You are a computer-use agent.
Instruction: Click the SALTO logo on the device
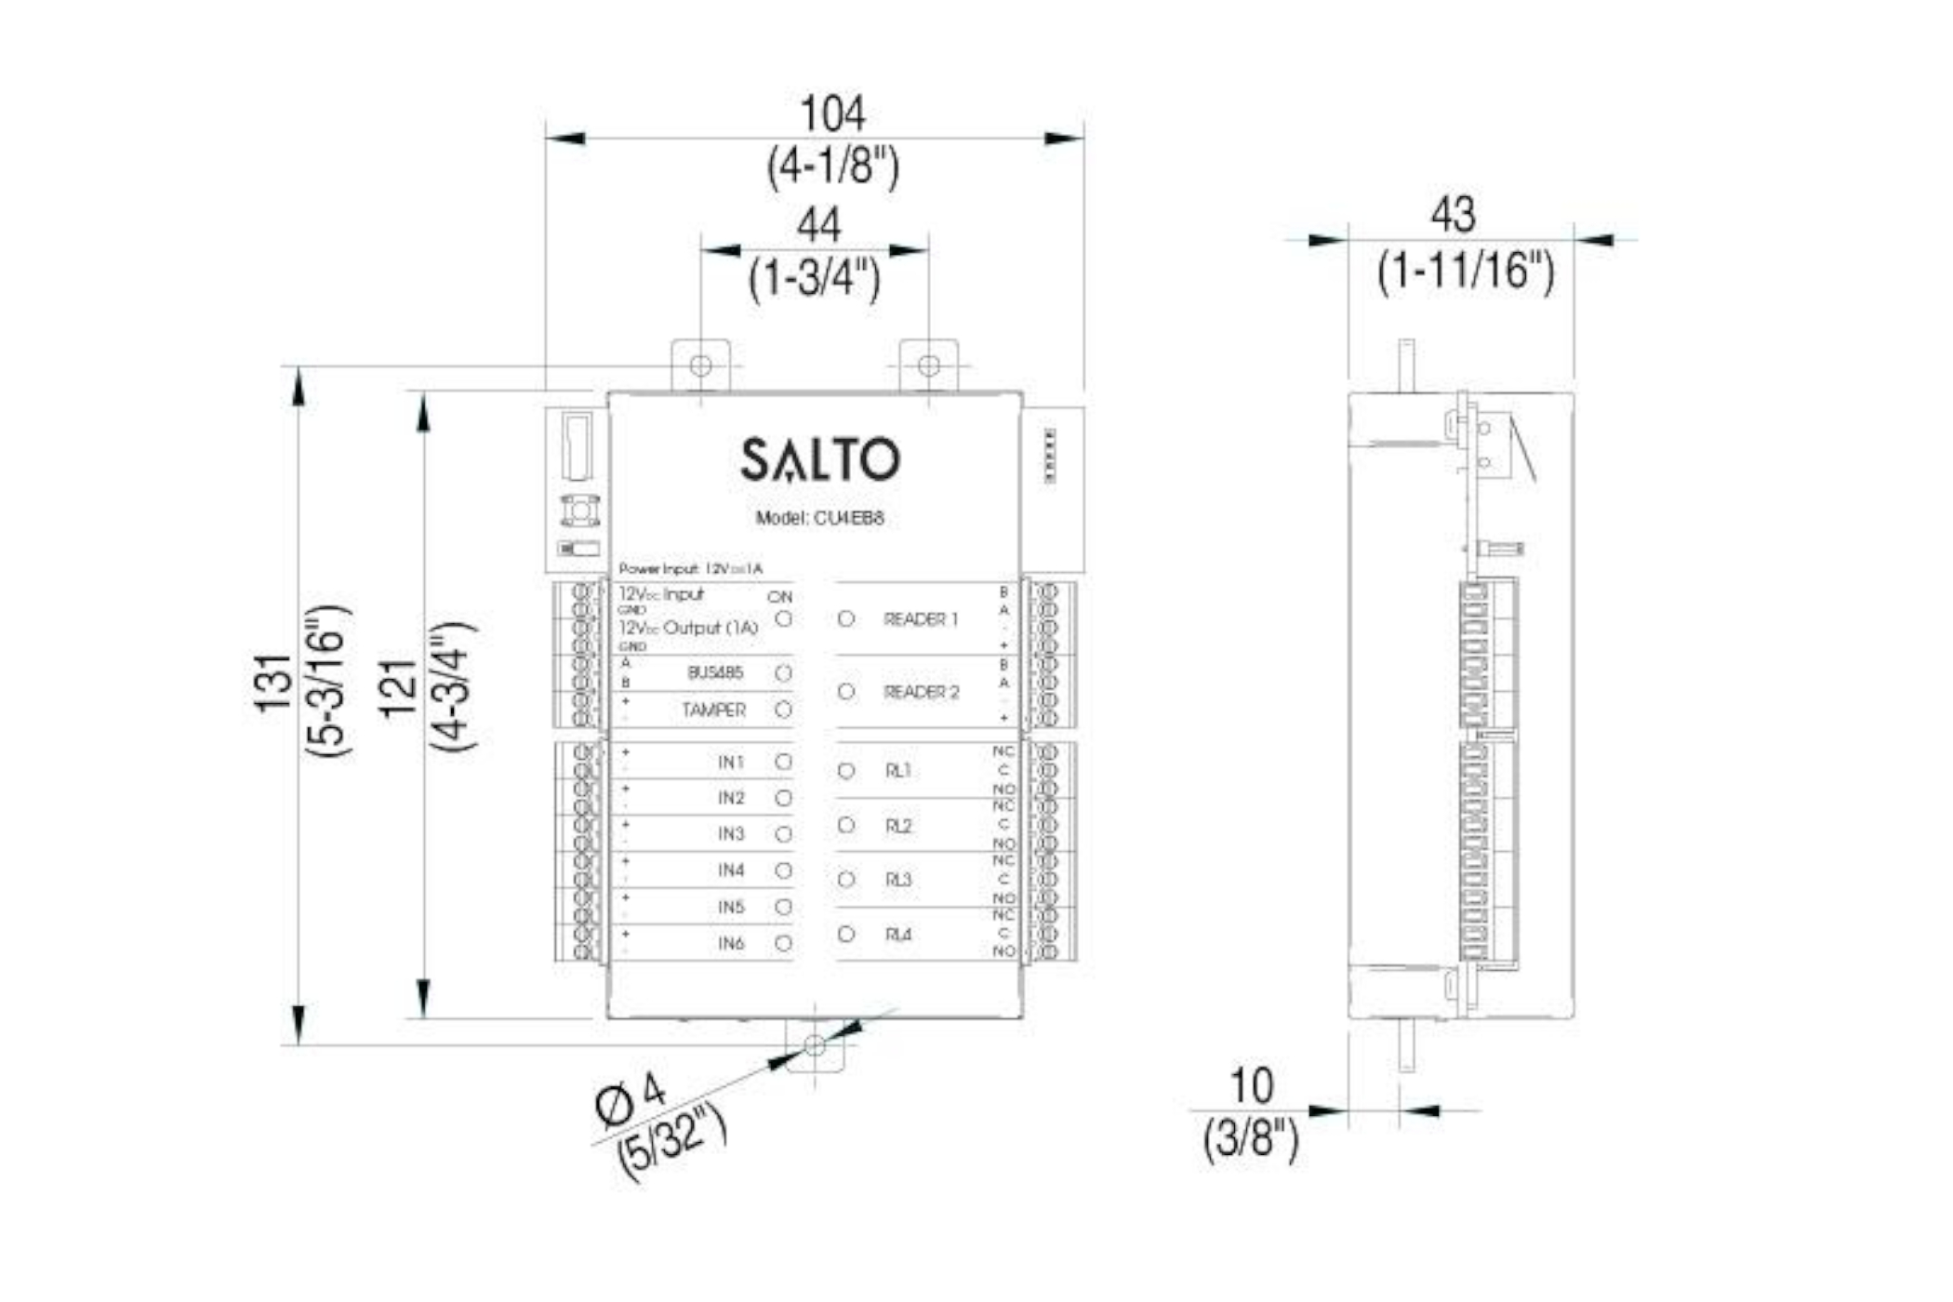pyautogui.click(x=819, y=459)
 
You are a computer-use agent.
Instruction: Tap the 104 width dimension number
pyautogui.click(x=832, y=114)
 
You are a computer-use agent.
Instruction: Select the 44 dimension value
pyautogui.click(x=818, y=225)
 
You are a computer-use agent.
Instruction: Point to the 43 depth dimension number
pyautogui.click(x=1453, y=215)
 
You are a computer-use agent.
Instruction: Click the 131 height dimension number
pyautogui.click(x=274, y=684)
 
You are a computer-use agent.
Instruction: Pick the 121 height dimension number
pyautogui.click(x=398, y=688)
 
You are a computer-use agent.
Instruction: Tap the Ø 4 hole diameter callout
pyautogui.click(x=631, y=1097)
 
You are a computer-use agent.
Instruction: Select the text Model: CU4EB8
pyautogui.click(x=819, y=518)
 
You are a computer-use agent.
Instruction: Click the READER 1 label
pyautogui.click(x=920, y=619)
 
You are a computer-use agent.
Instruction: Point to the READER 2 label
pyautogui.click(x=921, y=692)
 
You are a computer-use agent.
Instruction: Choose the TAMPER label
pyautogui.click(x=713, y=711)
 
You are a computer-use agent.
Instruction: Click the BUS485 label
pyautogui.click(x=715, y=672)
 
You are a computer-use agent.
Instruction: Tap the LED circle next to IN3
pyautogui.click(x=784, y=834)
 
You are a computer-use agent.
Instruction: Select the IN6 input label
pyautogui.click(x=731, y=943)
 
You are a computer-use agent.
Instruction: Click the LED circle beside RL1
pyautogui.click(x=846, y=771)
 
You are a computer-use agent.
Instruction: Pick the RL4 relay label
pyautogui.click(x=898, y=935)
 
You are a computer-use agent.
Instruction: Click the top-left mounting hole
pyautogui.click(x=701, y=365)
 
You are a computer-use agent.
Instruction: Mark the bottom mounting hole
pyautogui.click(x=815, y=1045)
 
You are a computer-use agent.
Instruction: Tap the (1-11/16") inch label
pyautogui.click(x=1465, y=271)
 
